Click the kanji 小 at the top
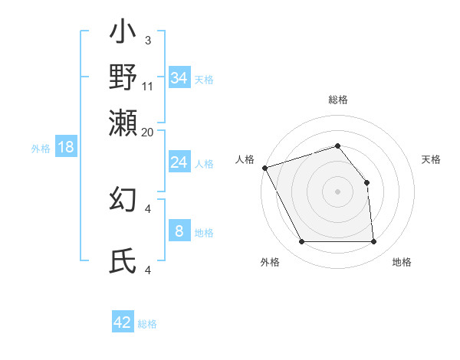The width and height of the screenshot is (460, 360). [123, 34]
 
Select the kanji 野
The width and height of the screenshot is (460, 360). [123, 77]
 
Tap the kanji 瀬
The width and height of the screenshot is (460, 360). [123, 122]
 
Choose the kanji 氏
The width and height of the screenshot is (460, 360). [123, 261]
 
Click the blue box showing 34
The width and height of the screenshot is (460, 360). [179, 77]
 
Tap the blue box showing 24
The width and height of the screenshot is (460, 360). [179, 162]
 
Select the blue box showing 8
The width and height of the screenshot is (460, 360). [179, 231]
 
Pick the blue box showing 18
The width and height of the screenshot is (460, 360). [66, 147]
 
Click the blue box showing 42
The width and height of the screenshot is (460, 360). [123, 322]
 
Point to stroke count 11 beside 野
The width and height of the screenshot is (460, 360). [149, 86]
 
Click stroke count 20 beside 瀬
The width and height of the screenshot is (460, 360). [148, 131]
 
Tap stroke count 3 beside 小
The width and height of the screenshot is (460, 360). [148, 39]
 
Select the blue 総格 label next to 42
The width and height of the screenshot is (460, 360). [147, 324]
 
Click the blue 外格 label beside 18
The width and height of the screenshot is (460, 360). [40, 149]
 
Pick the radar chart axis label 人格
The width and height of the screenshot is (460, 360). [245, 159]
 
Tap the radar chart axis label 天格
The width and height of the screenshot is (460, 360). [431, 159]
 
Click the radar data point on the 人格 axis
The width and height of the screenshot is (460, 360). [264, 168]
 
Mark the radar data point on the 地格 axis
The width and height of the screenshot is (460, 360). [373, 242]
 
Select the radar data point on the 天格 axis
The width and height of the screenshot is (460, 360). [366, 182]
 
